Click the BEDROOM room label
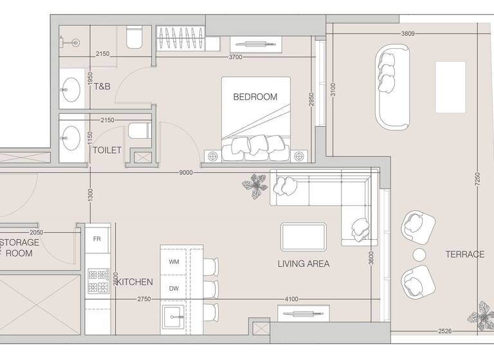[255, 97]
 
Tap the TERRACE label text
[464, 255]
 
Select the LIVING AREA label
[304, 264]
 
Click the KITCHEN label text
[134, 282]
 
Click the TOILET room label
[107, 150]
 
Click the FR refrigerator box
[96, 239]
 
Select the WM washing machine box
[174, 262]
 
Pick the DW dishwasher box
[174, 289]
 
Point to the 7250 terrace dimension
[477, 177]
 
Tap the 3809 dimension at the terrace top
[407, 33]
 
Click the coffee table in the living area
[304, 236]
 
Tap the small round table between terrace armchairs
[420, 254]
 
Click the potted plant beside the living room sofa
[255, 186]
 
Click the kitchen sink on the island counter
[174, 316]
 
